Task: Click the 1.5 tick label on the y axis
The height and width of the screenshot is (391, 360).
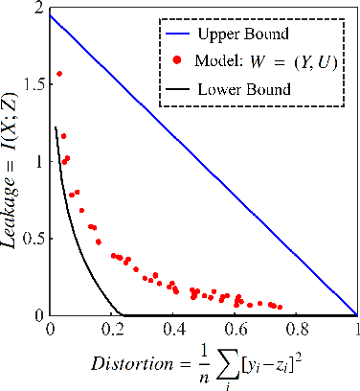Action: pyautogui.click(x=34, y=84)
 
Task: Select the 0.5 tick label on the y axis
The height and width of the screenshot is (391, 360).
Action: pyautogui.click(x=34, y=239)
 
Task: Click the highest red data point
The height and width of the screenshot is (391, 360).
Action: pyautogui.click(x=59, y=73)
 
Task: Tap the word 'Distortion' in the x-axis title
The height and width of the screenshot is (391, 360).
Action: pyautogui.click(x=124, y=364)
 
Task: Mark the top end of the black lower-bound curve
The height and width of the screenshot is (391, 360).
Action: pyautogui.click(x=56, y=126)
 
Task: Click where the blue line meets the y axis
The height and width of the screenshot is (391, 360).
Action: pyautogui.click(x=51, y=15)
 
